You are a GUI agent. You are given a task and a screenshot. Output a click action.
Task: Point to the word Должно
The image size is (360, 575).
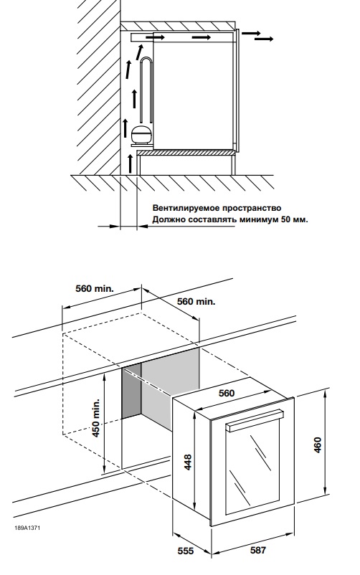169,220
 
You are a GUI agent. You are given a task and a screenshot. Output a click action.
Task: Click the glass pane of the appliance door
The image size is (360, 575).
250,470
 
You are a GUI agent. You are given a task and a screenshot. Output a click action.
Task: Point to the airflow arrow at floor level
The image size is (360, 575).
130,163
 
